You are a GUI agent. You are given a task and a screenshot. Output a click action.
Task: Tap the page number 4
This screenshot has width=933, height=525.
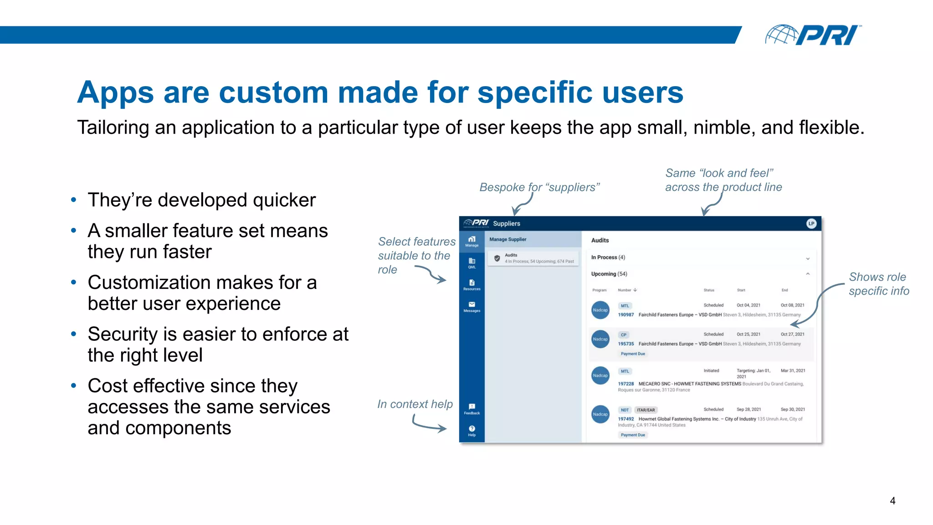coord(892,501)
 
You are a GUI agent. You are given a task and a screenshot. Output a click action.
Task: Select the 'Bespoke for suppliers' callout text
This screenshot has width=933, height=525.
coord(539,187)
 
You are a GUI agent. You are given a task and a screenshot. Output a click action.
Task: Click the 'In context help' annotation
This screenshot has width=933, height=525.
coord(415,404)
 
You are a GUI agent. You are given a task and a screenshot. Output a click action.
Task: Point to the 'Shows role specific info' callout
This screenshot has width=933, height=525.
coord(878,284)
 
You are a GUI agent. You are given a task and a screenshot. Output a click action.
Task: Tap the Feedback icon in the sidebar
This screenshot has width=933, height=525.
coord(472,407)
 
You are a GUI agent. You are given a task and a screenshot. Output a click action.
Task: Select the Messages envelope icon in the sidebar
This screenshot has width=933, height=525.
coord(472,305)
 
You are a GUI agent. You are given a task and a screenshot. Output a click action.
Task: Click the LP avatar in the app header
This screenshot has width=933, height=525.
coord(811,223)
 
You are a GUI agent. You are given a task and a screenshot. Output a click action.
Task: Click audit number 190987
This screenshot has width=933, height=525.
coord(625,315)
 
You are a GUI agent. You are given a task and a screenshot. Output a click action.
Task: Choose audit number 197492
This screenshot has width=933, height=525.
coord(625,419)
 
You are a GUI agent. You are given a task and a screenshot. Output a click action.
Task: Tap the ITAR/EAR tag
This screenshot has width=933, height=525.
coord(646,410)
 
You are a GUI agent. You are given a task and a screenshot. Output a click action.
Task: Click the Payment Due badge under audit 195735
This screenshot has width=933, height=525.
coord(632,354)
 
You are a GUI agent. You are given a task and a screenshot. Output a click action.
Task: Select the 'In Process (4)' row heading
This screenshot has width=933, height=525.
coord(608,257)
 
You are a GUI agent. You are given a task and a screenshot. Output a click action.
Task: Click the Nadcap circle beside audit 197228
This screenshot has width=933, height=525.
coord(600,376)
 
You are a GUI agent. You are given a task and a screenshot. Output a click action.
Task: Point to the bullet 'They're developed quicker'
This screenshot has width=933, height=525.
coord(201,200)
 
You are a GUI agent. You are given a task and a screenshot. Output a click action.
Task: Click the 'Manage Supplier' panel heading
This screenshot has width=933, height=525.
coord(508,239)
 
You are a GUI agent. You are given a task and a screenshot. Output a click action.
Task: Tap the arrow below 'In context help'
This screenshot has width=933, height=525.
coord(429,425)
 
